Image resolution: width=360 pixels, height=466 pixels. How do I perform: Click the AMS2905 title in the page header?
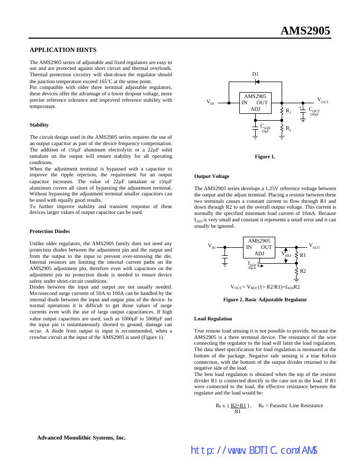coord(305,31)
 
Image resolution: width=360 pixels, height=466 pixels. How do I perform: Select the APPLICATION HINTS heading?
coord(63,50)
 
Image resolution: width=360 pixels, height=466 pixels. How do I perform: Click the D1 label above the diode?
coord(255,74)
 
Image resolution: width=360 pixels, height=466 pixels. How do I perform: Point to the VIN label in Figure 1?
coord(210,102)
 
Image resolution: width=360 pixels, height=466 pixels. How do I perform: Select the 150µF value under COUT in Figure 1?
coord(313,114)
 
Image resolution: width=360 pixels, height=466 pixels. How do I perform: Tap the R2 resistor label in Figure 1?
coord(289,128)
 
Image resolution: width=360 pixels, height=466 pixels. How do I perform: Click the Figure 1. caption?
coord(265,156)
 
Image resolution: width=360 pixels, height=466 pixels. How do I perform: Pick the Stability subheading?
coord(39,125)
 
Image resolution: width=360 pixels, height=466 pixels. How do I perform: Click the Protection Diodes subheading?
coord(49,231)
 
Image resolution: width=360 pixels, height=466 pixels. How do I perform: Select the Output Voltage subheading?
coord(212,176)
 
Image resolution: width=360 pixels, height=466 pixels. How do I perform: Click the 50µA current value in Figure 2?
coord(251,268)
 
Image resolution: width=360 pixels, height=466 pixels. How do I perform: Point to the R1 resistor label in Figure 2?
coord(303,255)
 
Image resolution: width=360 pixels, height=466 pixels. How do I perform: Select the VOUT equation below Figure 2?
coord(265,286)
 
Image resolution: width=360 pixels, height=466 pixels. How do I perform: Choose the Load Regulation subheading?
coord(213,318)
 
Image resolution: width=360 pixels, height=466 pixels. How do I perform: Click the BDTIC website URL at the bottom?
coord(254,451)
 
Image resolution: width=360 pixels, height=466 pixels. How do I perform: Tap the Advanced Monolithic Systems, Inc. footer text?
coord(81,437)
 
